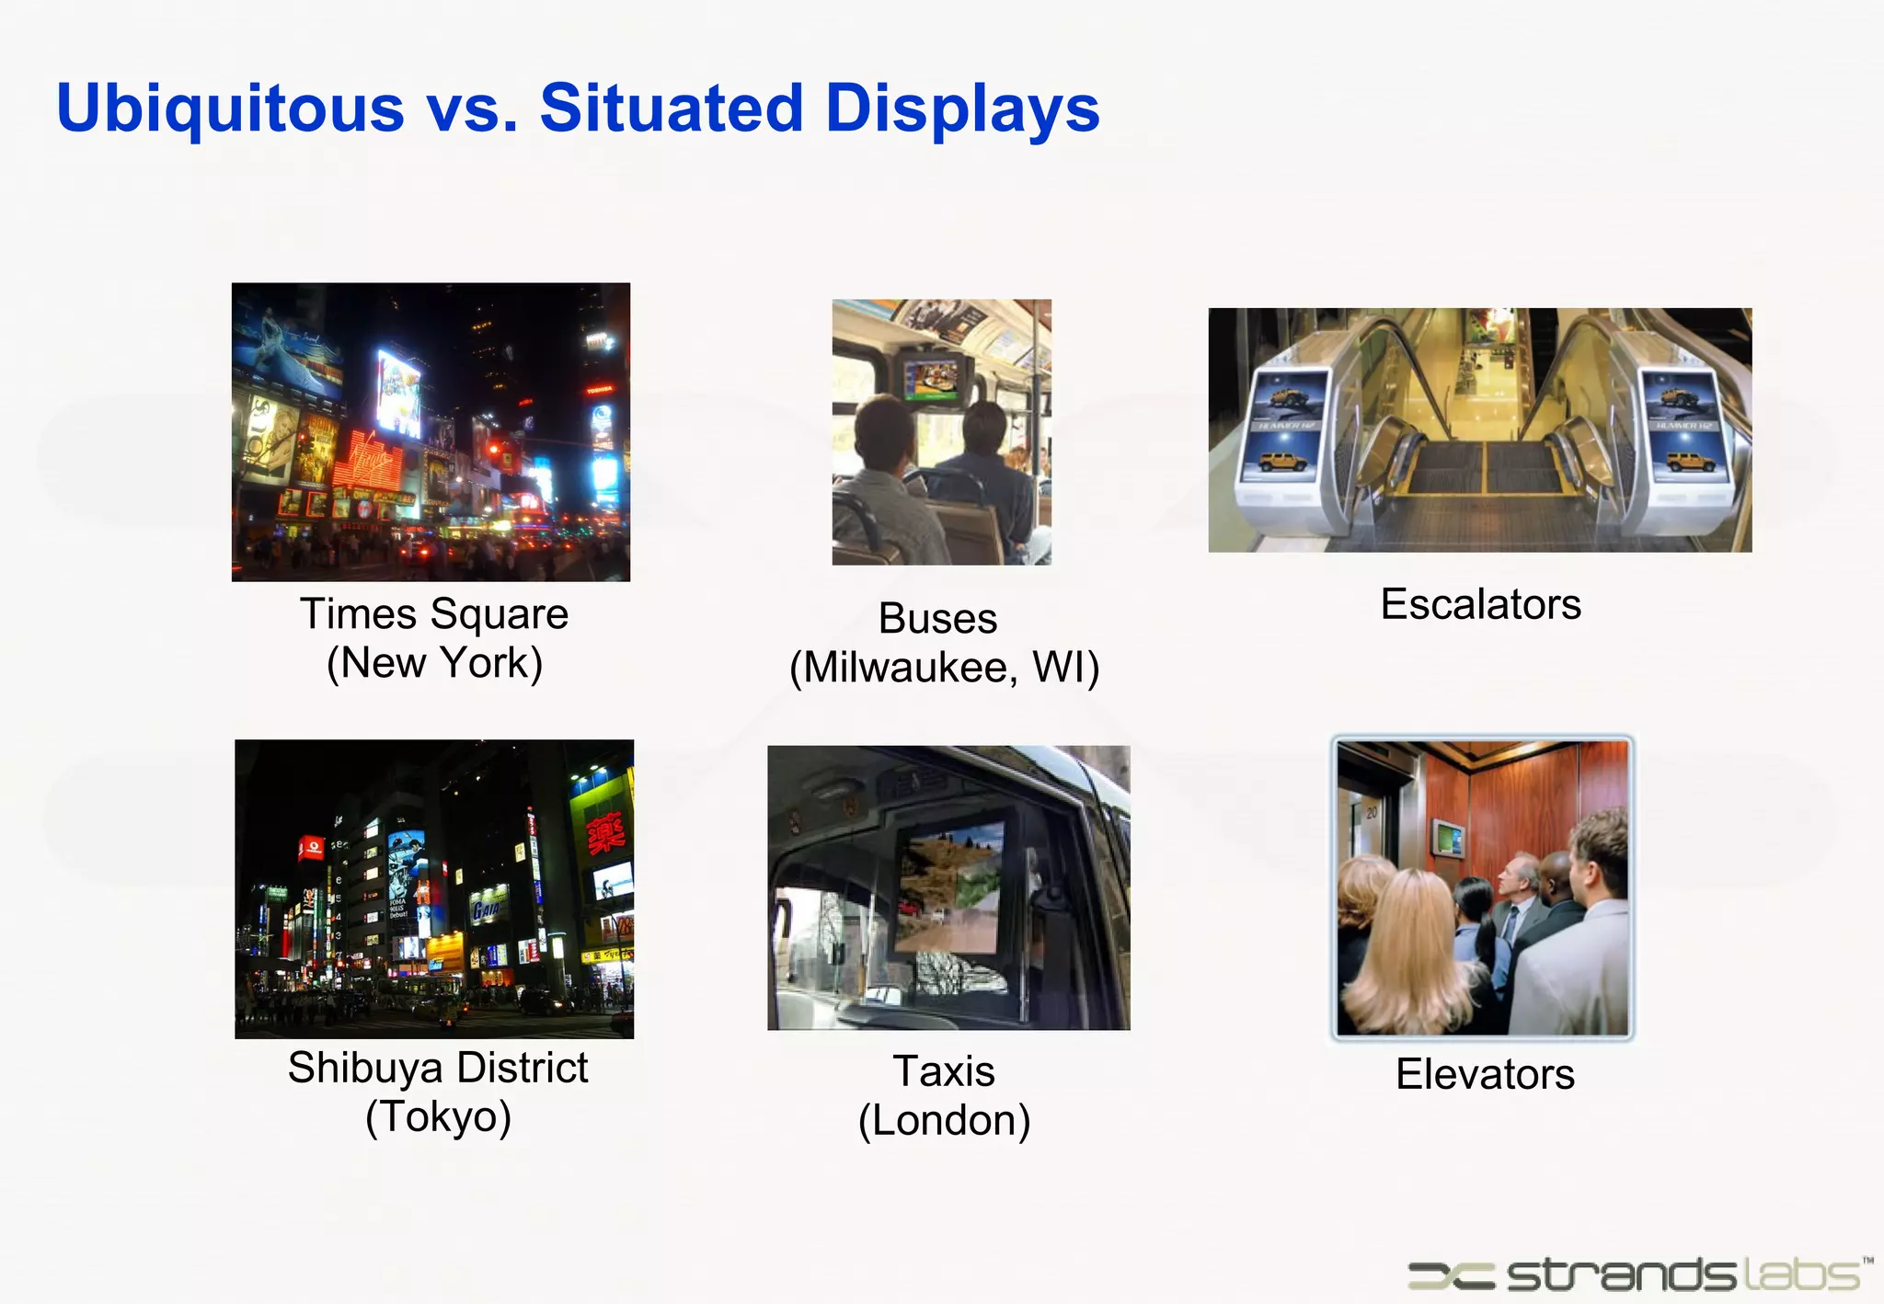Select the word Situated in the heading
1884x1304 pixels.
(x=672, y=109)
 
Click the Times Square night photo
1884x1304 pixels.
(x=431, y=431)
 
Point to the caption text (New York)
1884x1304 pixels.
(x=434, y=663)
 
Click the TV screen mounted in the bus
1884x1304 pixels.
(x=931, y=377)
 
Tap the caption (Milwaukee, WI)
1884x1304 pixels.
(x=944, y=668)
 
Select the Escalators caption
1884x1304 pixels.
(x=1480, y=604)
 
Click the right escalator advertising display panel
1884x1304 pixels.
(x=1683, y=428)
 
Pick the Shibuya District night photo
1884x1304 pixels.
(x=434, y=888)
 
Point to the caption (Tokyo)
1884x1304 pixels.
(x=438, y=1117)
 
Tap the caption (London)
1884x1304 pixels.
(x=944, y=1121)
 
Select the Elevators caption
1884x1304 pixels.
(x=1485, y=1074)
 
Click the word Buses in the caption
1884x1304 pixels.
(x=937, y=619)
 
